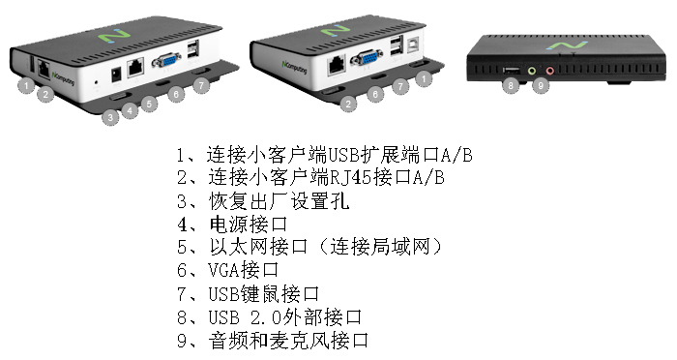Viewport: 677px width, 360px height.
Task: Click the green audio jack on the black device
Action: [x=532, y=71]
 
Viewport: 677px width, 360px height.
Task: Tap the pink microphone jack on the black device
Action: [x=549, y=71]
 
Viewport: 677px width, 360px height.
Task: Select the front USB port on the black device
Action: [x=512, y=70]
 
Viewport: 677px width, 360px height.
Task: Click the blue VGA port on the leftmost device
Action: [x=166, y=60]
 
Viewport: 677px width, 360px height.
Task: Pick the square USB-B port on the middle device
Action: [x=415, y=46]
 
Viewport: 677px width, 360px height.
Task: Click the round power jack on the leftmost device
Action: [x=116, y=75]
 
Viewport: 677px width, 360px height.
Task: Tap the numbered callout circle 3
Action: [x=110, y=117]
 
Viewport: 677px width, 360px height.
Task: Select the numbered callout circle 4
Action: [x=130, y=111]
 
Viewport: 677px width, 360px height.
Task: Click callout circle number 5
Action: [x=149, y=105]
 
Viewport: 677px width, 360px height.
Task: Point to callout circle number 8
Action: [x=511, y=85]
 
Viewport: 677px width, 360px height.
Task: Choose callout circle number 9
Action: [x=540, y=85]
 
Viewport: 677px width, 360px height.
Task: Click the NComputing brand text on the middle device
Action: [x=294, y=68]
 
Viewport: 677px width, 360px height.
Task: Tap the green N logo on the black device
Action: [x=567, y=45]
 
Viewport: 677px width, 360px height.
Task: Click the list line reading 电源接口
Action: [x=232, y=225]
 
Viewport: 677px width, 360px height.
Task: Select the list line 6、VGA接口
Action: [x=228, y=270]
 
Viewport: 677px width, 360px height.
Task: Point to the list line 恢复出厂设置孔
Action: [x=263, y=201]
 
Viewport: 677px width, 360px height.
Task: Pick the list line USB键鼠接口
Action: [x=249, y=294]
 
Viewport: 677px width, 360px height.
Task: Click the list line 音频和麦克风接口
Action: [x=273, y=341]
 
